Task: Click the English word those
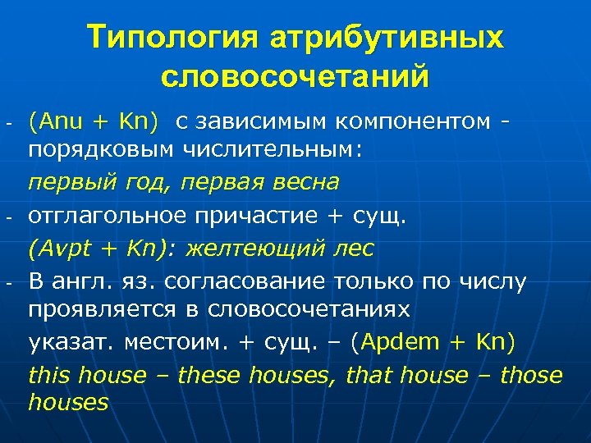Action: click(x=531, y=376)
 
